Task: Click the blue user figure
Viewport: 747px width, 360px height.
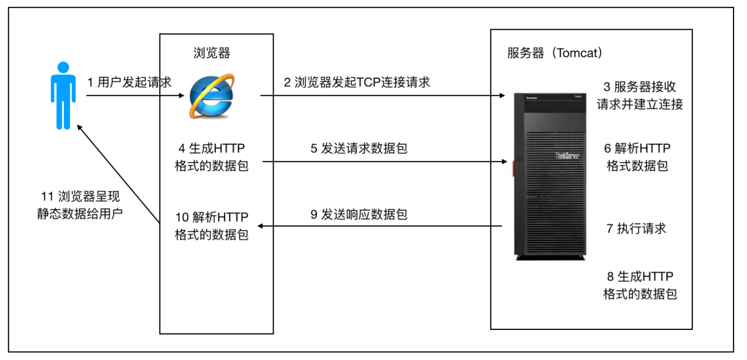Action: (63, 96)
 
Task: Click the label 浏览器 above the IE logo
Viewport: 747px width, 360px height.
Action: (212, 53)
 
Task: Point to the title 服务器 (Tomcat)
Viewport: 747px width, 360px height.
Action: (555, 53)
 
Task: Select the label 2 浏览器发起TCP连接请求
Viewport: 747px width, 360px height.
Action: (357, 82)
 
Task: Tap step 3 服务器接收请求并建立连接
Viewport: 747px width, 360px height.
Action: (640, 95)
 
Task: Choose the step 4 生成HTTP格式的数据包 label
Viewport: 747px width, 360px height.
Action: (212, 157)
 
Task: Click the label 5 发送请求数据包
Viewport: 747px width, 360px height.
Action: (359, 148)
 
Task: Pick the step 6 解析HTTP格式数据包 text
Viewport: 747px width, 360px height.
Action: (637, 157)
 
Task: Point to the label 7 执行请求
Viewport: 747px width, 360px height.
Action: (636, 228)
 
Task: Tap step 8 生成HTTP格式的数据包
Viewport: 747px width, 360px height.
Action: (640, 285)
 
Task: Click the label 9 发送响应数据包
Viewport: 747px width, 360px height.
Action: (359, 214)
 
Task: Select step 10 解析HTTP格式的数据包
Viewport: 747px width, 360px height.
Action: (212, 225)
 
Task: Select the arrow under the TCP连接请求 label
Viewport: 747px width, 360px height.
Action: (382, 96)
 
